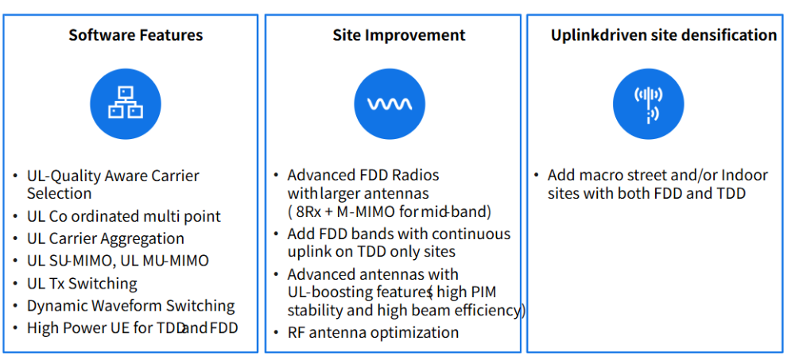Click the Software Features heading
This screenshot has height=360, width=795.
pyautogui.click(x=136, y=35)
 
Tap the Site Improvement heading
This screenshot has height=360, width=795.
pyautogui.click(x=399, y=35)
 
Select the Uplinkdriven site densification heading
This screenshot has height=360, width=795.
pyautogui.click(x=664, y=35)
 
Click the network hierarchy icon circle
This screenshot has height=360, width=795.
pyautogui.click(x=126, y=103)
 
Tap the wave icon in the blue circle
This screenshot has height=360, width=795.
pyautogui.click(x=390, y=103)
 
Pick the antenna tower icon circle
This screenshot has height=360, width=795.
pyautogui.click(x=649, y=103)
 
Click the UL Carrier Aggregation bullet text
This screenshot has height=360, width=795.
pyautogui.click(x=106, y=238)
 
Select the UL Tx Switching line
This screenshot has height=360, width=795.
pyautogui.click(x=82, y=283)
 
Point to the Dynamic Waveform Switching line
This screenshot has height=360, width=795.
pyautogui.click(x=131, y=306)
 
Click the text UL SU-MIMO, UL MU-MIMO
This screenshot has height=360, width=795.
pyautogui.click(x=118, y=261)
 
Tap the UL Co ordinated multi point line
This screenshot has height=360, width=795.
pyautogui.click(x=124, y=216)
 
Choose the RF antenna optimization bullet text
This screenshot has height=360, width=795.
pyautogui.click(x=373, y=333)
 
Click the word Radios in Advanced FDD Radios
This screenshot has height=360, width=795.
pyautogui.click(x=416, y=175)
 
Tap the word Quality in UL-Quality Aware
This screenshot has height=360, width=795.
pyautogui.click(x=76, y=176)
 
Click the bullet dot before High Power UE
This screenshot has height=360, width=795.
pyautogui.click(x=16, y=327)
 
